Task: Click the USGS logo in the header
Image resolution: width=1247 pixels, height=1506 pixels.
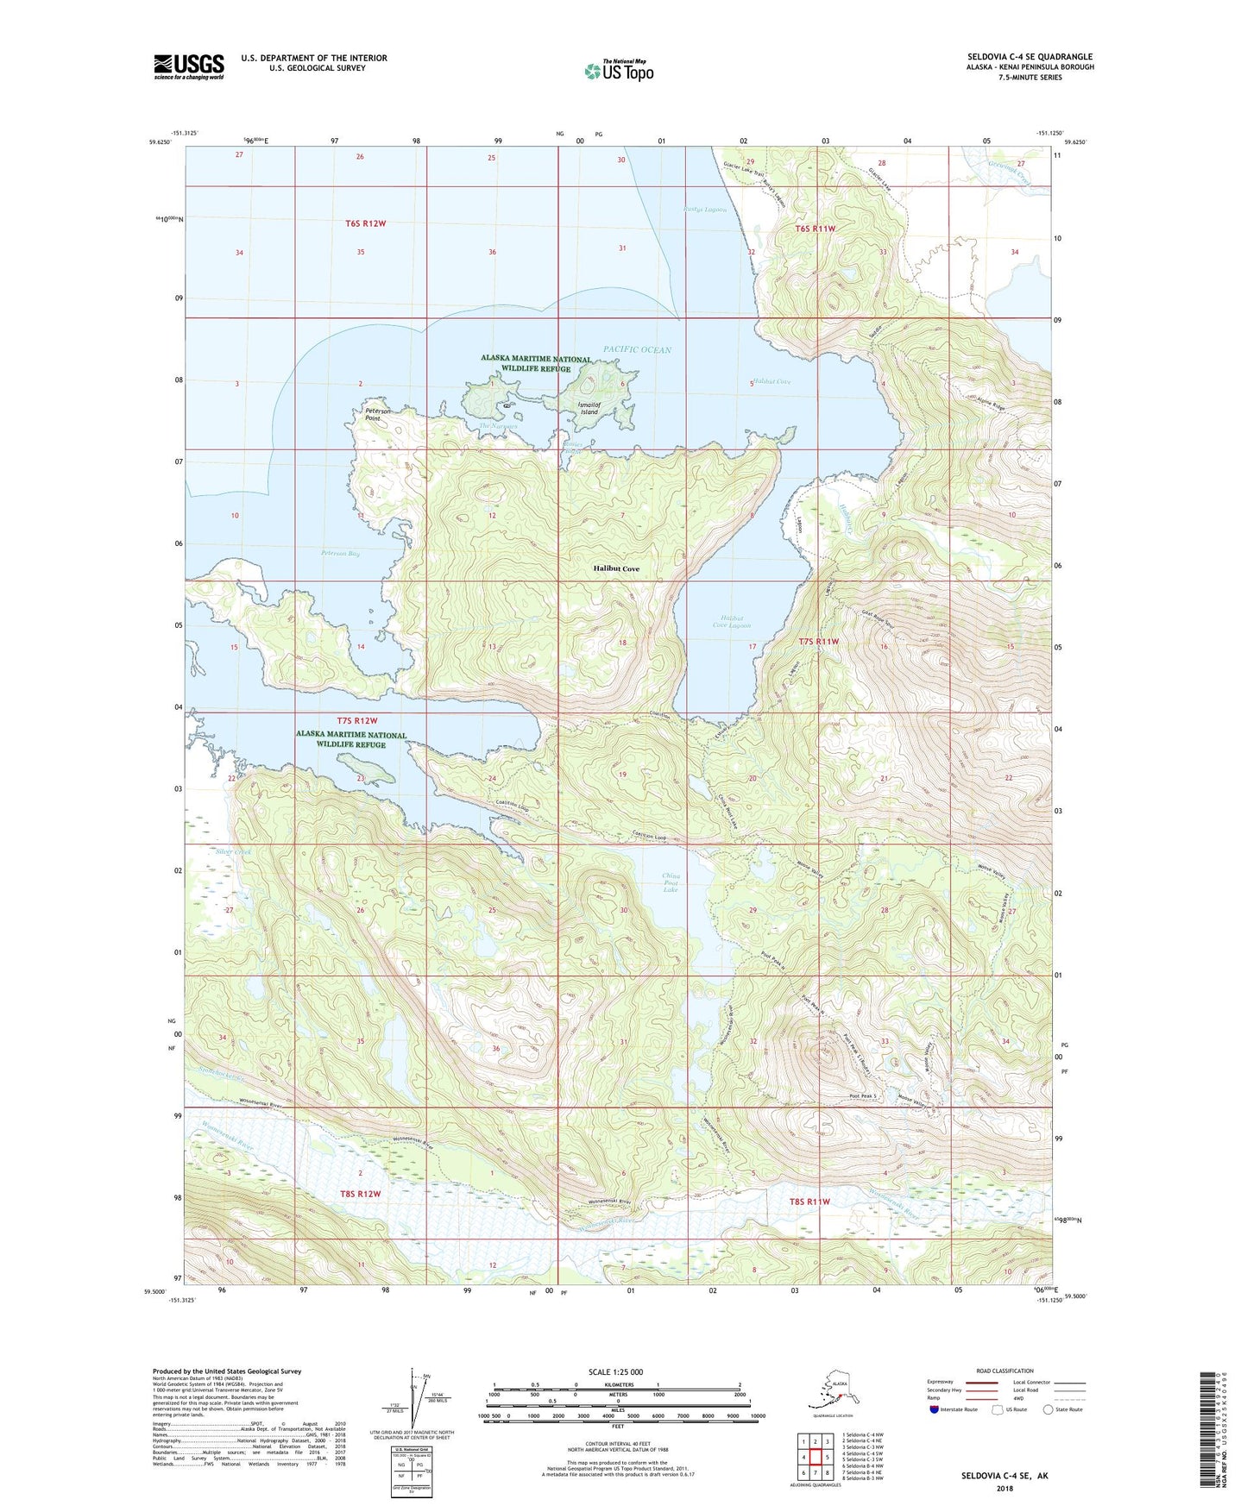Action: (x=188, y=66)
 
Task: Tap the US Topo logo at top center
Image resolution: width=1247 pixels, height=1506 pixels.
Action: (x=618, y=71)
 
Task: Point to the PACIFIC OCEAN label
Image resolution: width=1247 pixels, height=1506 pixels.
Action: (x=637, y=349)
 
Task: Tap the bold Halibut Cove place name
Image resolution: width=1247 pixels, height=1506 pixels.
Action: (x=616, y=569)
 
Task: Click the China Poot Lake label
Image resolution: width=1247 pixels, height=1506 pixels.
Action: (x=671, y=882)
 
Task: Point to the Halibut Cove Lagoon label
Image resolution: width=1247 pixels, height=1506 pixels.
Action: (x=734, y=621)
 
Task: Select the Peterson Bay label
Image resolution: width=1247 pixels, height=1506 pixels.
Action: (x=340, y=553)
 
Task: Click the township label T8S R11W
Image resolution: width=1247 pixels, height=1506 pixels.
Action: (x=809, y=1201)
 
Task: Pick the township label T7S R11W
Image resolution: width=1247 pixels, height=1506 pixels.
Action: (x=818, y=642)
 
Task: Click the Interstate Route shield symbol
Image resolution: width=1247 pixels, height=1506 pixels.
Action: (x=935, y=1409)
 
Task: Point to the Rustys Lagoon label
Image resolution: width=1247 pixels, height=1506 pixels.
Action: (x=705, y=210)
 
